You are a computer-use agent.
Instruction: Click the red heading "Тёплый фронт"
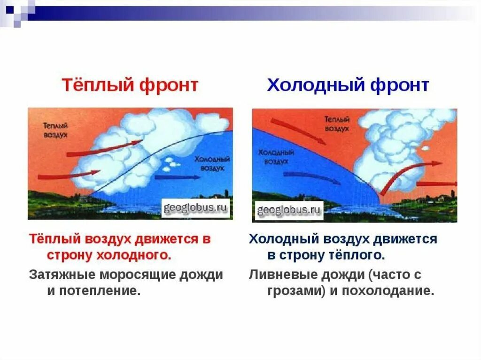pos(130,85)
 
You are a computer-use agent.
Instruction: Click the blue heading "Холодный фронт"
pos(348,85)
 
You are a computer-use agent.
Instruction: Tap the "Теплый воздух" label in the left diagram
pos(55,130)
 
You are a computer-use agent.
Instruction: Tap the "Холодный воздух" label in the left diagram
pos(212,163)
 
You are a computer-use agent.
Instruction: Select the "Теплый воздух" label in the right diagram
pos(337,123)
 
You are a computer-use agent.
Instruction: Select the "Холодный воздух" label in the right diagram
pos(276,157)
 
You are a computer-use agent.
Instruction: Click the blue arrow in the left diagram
pos(177,177)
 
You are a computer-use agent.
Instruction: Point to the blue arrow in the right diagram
pos(312,177)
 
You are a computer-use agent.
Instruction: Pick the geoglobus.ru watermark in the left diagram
pos(195,208)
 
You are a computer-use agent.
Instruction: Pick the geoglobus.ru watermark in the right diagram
pos(289,210)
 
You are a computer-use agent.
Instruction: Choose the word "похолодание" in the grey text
pos(388,291)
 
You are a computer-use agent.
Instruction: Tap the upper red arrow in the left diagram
pos(104,148)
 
